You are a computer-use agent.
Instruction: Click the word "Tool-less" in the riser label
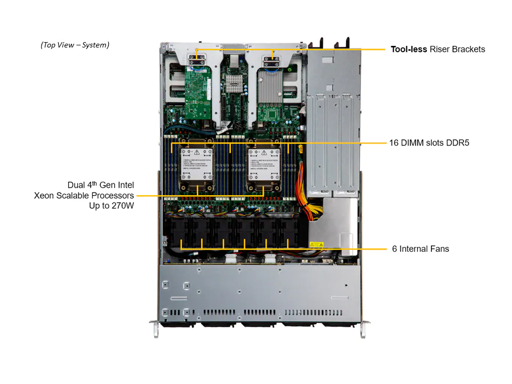pos(409,49)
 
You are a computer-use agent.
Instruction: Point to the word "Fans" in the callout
pos(440,249)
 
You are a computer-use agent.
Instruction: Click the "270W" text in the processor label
pos(122,205)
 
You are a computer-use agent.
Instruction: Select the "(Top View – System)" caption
pos(75,45)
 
